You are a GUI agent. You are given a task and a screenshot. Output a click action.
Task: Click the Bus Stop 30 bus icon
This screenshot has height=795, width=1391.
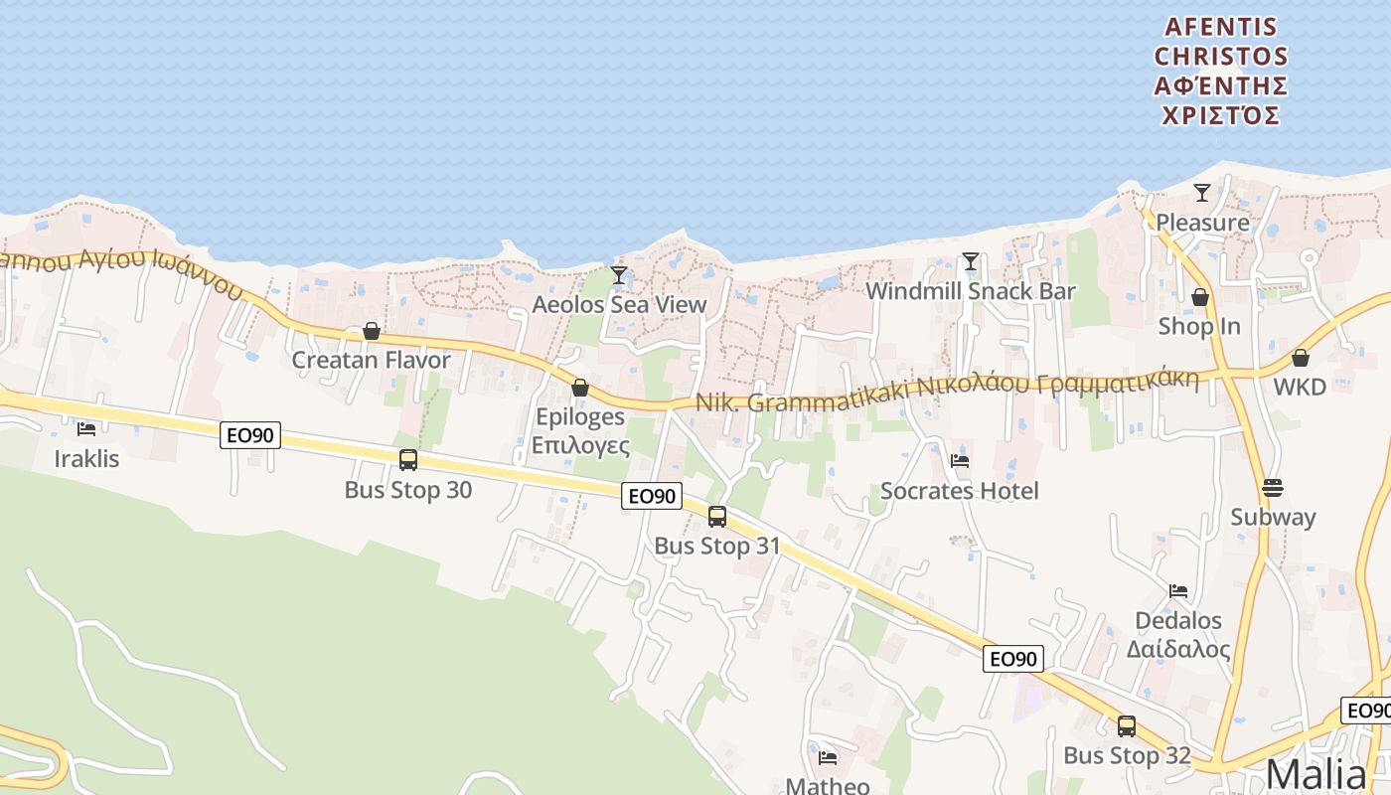[x=408, y=459]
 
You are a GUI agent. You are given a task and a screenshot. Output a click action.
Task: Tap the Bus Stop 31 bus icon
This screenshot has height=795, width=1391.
[x=717, y=516]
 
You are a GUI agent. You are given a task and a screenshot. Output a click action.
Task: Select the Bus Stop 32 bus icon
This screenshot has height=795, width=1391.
[x=1126, y=726]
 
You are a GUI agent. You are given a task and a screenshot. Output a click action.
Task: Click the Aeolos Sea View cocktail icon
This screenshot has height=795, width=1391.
[x=619, y=274]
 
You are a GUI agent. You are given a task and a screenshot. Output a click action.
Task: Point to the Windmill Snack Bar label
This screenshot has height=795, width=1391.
[x=971, y=291]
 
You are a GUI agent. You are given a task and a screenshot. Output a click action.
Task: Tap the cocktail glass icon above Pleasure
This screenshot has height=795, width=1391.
[x=1202, y=192]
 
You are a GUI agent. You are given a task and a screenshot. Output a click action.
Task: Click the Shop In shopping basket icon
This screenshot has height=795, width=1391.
[x=1200, y=297]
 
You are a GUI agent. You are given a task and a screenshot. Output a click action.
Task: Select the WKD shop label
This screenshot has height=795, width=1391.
[x=1300, y=387]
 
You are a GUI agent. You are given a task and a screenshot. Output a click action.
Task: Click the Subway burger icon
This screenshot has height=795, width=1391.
[x=1273, y=488]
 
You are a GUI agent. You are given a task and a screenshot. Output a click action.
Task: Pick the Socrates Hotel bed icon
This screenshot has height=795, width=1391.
[x=959, y=460]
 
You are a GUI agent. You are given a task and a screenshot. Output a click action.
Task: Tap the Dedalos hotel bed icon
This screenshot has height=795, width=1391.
[x=1178, y=590]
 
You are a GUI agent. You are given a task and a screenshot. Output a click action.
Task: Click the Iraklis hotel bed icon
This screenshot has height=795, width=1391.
[x=86, y=429]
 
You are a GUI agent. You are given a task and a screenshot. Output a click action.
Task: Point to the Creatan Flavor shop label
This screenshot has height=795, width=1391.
[x=371, y=360]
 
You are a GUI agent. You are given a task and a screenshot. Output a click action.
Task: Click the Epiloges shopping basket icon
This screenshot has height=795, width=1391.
[x=580, y=388]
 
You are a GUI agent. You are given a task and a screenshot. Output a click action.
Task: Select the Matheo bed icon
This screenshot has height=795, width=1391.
[x=828, y=758]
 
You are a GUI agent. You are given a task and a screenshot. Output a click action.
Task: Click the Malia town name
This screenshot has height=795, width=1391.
[x=1315, y=774]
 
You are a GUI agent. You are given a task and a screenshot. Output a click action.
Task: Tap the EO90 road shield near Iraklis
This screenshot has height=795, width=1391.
[x=250, y=434]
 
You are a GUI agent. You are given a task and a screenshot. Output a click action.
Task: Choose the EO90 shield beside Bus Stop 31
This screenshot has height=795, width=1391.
[x=652, y=496]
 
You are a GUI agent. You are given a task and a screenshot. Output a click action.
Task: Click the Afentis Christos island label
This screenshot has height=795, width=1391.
[x=1221, y=71]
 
